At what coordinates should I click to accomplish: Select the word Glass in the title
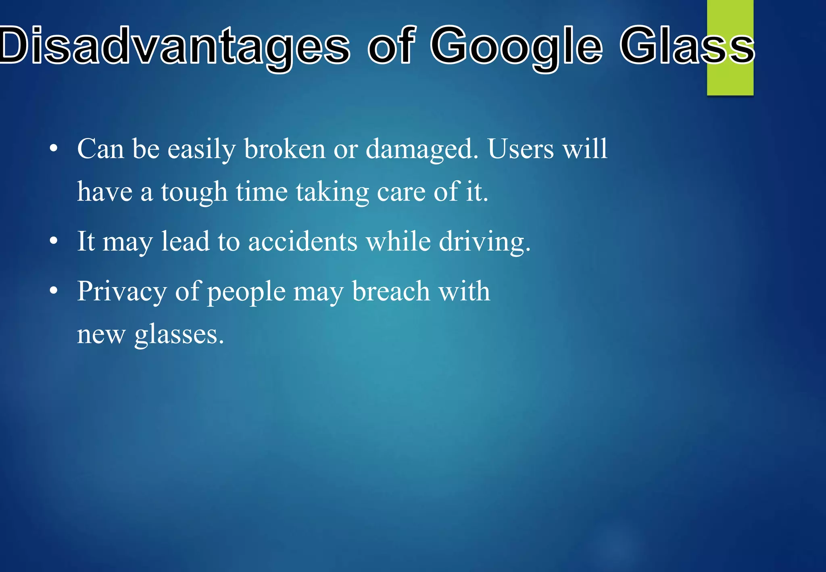[686, 45]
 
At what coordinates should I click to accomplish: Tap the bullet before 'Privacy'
[54, 292]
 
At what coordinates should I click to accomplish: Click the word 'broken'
[284, 149]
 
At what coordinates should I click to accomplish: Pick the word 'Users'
[521, 149]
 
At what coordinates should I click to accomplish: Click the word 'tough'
[194, 192]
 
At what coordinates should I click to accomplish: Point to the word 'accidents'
[302, 242]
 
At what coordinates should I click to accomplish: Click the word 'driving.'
[484, 242]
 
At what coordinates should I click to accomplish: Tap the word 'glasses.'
[179, 335]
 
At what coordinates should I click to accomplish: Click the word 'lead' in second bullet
[185, 242]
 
